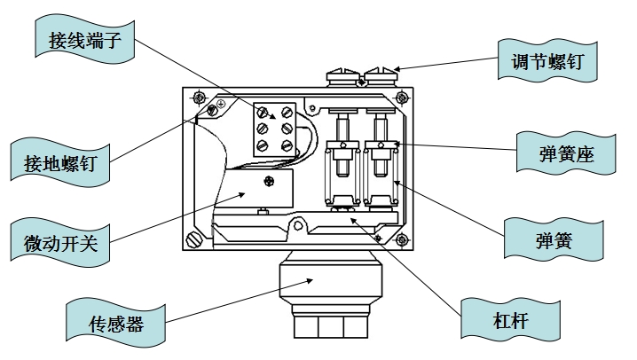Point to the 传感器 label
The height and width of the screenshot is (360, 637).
pyautogui.click(x=117, y=321)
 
